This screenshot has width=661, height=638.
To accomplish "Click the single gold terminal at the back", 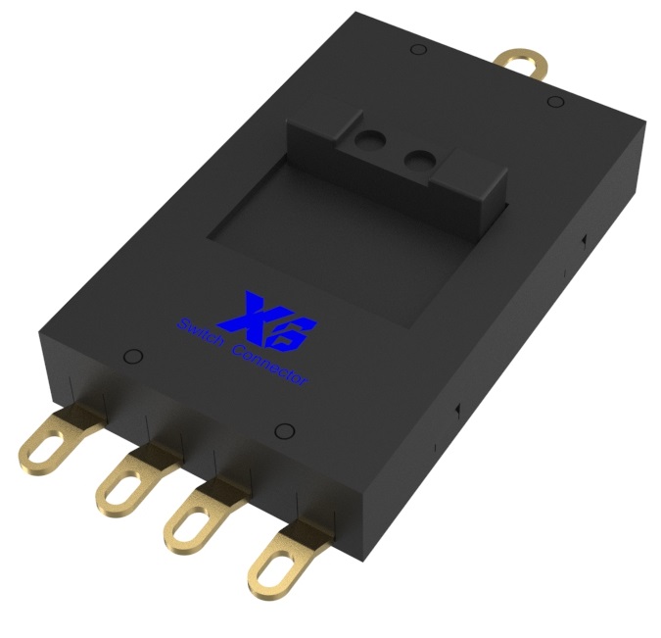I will click(x=519, y=66).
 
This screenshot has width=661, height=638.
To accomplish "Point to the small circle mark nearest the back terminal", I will click(x=554, y=102).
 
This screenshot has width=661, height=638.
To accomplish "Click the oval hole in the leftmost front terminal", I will click(x=39, y=453).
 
